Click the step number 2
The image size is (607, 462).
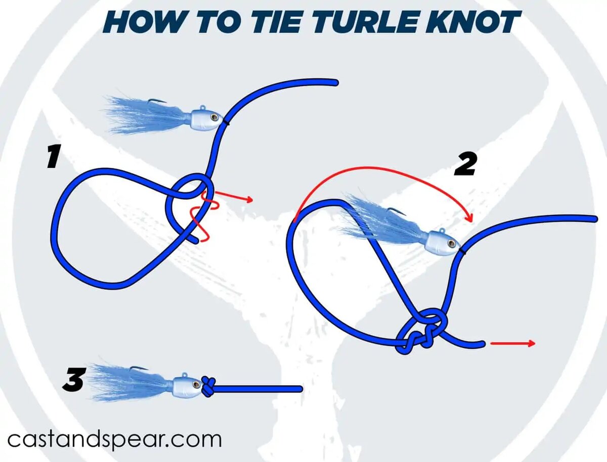(x=465, y=164)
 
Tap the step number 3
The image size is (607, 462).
(x=73, y=380)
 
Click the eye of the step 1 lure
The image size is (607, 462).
(x=214, y=117)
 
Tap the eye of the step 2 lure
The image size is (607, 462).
(x=452, y=244)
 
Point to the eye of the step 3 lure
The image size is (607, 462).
(x=197, y=384)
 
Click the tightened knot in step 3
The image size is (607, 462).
(x=208, y=386)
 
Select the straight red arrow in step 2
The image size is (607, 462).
(x=513, y=343)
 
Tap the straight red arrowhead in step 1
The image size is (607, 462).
(x=250, y=200)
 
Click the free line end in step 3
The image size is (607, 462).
(x=300, y=389)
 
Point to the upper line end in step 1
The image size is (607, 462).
(x=335, y=82)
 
